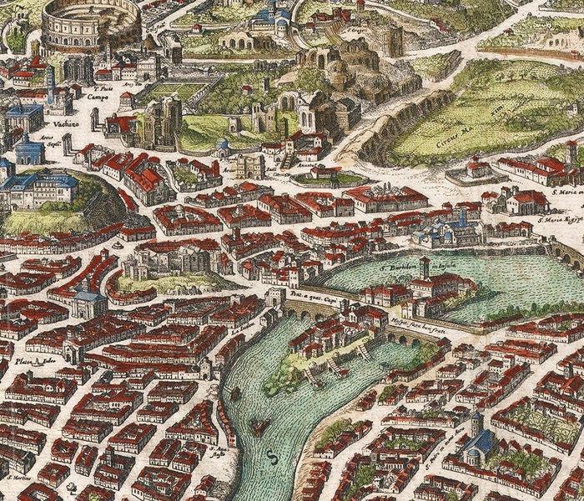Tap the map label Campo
tap(98, 97)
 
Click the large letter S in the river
tap(270, 456)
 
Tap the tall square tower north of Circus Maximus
tap(394, 40)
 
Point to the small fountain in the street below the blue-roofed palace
tap(118, 245)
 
